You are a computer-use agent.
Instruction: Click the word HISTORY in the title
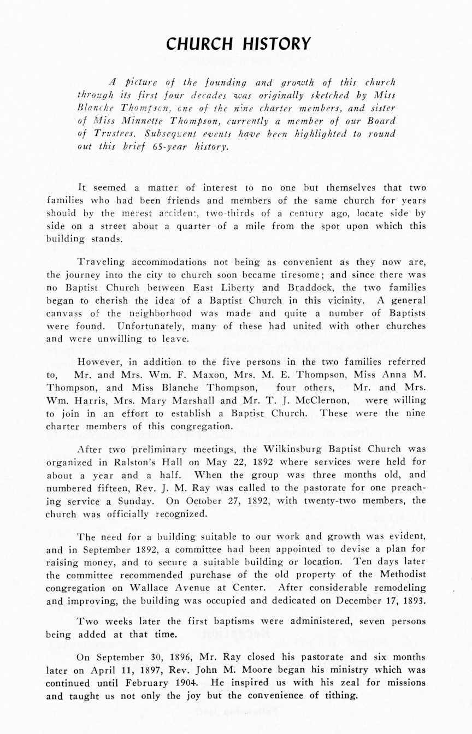click(276, 44)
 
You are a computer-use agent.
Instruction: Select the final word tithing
click(339, 696)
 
